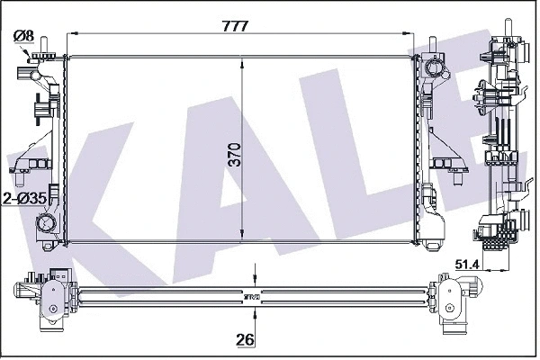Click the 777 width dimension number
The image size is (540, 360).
click(x=235, y=26)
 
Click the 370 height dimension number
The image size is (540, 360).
click(x=235, y=155)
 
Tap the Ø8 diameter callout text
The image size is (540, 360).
click(x=23, y=36)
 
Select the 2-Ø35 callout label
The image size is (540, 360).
click(x=24, y=198)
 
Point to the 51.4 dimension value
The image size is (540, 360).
click(x=467, y=265)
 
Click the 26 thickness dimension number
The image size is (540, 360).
click(x=245, y=339)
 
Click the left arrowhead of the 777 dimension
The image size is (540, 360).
click(x=71, y=33)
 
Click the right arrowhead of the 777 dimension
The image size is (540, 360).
click(x=408, y=33)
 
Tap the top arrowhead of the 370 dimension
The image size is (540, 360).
click(x=243, y=63)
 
